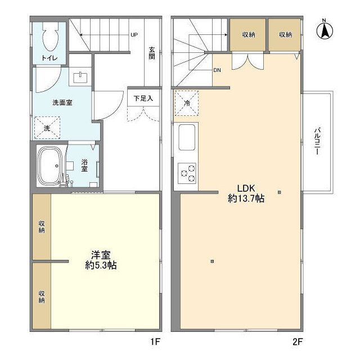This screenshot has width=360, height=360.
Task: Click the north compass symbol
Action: point(325,30)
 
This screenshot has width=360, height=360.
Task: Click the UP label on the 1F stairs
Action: point(134,35)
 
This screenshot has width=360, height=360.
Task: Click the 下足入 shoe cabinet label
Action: point(143,98)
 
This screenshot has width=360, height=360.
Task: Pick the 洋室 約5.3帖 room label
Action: point(101,260)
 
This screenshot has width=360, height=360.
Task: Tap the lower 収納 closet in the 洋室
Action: point(42,296)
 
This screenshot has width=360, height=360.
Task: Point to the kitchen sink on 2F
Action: point(187,136)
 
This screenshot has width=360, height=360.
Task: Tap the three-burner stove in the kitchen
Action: point(187,172)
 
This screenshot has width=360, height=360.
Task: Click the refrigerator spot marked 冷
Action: point(186,102)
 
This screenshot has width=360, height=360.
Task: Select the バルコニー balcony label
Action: point(318,142)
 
